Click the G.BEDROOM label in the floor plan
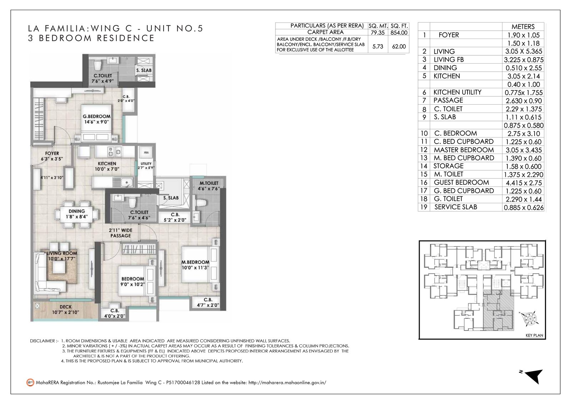click(97, 116)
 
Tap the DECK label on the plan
click(66, 307)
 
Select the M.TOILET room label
click(209, 183)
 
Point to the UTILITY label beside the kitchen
click(146, 164)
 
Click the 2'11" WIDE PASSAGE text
click(121, 233)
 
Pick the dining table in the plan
click(76, 214)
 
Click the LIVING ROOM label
click(62, 253)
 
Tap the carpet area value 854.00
click(399, 33)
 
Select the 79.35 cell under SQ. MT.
click(378, 33)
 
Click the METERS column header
click(523, 27)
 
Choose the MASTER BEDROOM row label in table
click(464, 150)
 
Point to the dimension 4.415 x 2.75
click(524, 183)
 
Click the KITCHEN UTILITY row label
click(457, 92)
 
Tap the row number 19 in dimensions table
click(424, 207)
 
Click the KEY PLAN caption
click(534, 335)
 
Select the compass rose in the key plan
click(530, 319)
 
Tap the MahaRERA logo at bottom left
click(30, 382)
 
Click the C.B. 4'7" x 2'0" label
click(208, 303)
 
